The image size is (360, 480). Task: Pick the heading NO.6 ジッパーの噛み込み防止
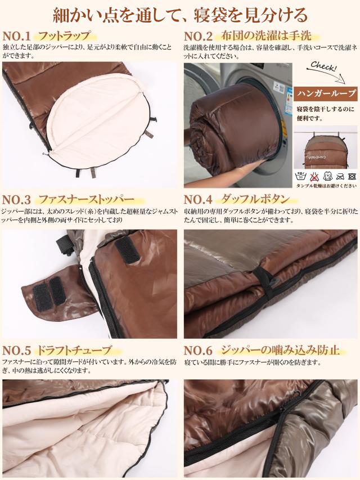(262, 350)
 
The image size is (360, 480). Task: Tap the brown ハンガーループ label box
(326, 92)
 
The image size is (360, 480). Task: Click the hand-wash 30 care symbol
(301, 176)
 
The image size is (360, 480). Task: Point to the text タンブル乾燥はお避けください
(326, 186)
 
